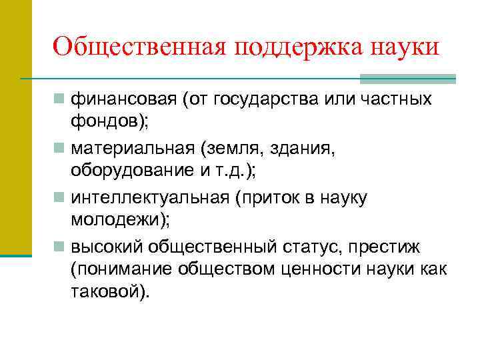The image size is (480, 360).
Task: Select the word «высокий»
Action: [106, 247]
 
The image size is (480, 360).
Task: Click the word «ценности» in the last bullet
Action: [325, 269]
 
